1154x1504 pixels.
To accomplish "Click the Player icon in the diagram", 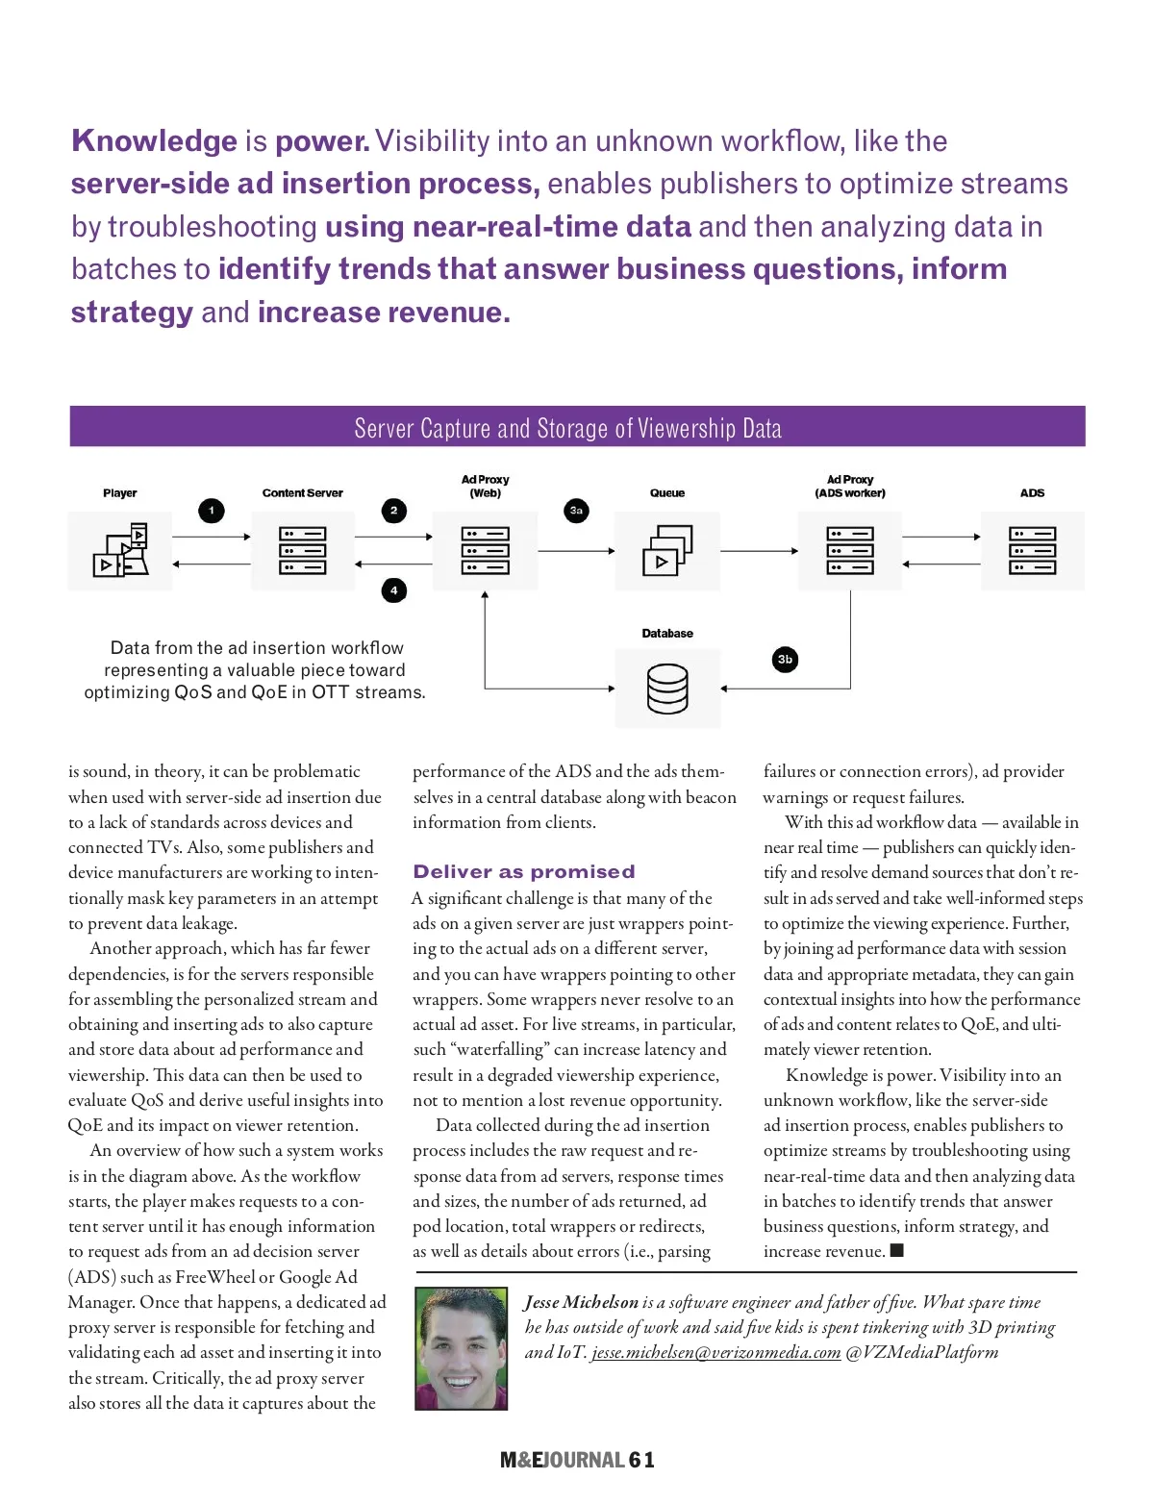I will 121,551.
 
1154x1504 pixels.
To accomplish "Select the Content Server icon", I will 303,551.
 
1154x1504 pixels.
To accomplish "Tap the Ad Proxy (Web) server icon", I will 485,551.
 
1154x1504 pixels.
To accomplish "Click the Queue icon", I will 667,551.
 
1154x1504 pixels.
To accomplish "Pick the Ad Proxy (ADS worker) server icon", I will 850,551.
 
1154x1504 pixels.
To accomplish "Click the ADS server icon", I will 1032,551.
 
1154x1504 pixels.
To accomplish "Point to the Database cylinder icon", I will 667,689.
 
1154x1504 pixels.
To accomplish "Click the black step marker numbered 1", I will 212,511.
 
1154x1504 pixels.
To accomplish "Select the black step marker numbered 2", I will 393,511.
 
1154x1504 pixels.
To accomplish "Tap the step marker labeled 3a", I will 576,511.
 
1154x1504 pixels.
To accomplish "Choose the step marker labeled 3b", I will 785,660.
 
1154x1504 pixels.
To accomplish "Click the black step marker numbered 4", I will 393,590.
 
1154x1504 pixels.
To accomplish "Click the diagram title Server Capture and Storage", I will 567,428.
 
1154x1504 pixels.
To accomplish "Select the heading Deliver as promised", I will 524,871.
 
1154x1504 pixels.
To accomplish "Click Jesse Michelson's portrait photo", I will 461,1348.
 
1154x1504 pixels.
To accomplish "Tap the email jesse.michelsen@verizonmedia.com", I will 716,1352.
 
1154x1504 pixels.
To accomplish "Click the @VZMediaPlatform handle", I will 922,1352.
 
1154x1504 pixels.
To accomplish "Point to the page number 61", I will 641,1460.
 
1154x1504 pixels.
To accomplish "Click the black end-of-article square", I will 897,1250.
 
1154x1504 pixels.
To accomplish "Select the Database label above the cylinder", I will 667,634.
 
